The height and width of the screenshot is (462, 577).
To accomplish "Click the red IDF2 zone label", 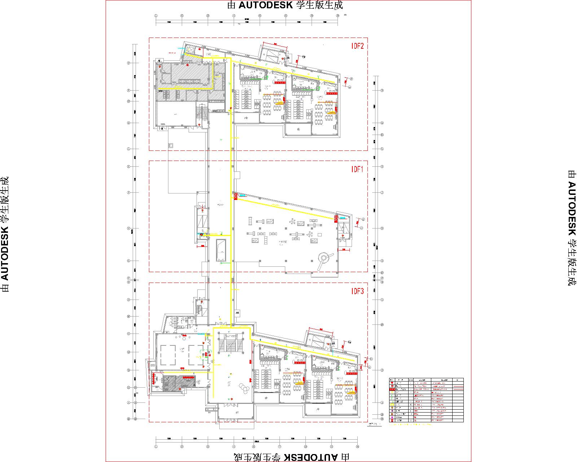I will click(357, 46).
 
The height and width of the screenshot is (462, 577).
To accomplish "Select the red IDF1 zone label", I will click(357, 169).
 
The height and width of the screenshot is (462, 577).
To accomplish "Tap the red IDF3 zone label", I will click(357, 292).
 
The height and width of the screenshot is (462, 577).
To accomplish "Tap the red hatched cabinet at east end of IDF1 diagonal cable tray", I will click(336, 219).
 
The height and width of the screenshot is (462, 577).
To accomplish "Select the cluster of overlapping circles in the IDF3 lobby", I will click(245, 389).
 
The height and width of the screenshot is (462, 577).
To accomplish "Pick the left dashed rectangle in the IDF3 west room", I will click(168, 354).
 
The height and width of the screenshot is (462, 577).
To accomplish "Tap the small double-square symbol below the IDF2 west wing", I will click(171, 145).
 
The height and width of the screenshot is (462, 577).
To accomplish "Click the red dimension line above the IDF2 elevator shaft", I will click(274, 45).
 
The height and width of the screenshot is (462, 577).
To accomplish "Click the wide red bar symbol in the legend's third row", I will click(392, 389).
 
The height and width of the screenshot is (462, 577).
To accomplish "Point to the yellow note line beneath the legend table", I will click(411, 424).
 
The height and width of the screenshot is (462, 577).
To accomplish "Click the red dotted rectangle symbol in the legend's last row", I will click(392, 420).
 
